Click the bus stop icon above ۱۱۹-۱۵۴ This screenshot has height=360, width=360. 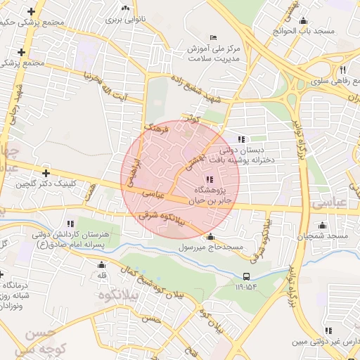click(246, 276)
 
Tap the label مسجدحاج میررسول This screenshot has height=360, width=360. click(210, 247)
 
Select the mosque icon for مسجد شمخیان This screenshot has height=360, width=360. click(322, 226)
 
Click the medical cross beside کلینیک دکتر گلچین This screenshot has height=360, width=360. click(46, 173)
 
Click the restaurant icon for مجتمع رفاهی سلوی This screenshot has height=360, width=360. click(343, 70)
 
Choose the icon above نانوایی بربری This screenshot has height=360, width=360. click(125, 9)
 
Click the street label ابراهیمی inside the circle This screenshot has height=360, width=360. click(134, 171)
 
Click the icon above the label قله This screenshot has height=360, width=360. click(101, 265)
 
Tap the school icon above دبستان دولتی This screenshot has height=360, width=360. click(242, 139)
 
